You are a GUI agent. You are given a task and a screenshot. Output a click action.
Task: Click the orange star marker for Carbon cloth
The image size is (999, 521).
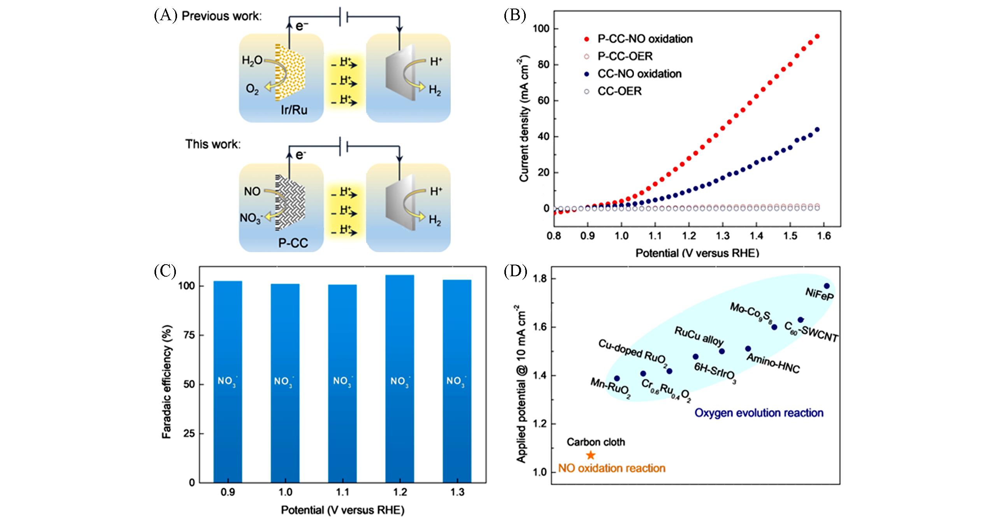pyautogui.click(x=591, y=455)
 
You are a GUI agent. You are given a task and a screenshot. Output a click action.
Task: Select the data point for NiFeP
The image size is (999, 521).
pyautogui.click(x=827, y=286)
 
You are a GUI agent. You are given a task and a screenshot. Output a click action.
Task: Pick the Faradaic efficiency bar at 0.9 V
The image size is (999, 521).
pyautogui.click(x=228, y=381)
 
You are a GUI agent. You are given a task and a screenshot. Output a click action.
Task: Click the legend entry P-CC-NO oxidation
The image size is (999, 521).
pyautogui.click(x=645, y=39)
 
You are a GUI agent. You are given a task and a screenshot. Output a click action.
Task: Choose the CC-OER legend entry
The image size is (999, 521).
pyautogui.click(x=619, y=91)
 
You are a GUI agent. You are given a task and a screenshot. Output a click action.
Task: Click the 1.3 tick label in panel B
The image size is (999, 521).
pyautogui.click(x=723, y=236)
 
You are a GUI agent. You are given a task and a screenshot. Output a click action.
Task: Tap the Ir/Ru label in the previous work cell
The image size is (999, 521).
pyautogui.click(x=294, y=110)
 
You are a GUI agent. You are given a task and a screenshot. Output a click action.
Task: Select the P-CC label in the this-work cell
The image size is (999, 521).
pyautogui.click(x=293, y=243)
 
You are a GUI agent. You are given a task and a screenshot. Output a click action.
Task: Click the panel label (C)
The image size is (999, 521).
pyautogui.click(x=165, y=271)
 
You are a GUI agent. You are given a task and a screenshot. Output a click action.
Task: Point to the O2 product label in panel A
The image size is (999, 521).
pyautogui.click(x=252, y=89)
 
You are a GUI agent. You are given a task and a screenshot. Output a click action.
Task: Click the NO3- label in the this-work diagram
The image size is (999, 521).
pyautogui.click(x=251, y=218)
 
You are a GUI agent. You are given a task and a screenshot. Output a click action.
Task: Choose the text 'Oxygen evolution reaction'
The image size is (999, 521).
pyautogui.click(x=759, y=412)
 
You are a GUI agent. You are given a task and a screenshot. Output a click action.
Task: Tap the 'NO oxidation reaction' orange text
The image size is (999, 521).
pyautogui.click(x=612, y=468)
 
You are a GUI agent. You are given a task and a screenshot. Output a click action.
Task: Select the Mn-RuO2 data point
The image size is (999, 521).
pyautogui.click(x=617, y=378)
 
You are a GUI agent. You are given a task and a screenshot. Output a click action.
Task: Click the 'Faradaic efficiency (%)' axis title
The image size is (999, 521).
pyautogui.click(x=167, y=381)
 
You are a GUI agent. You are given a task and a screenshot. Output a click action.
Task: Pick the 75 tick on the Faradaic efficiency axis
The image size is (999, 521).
pyautogui.click(x=188, y=335)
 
